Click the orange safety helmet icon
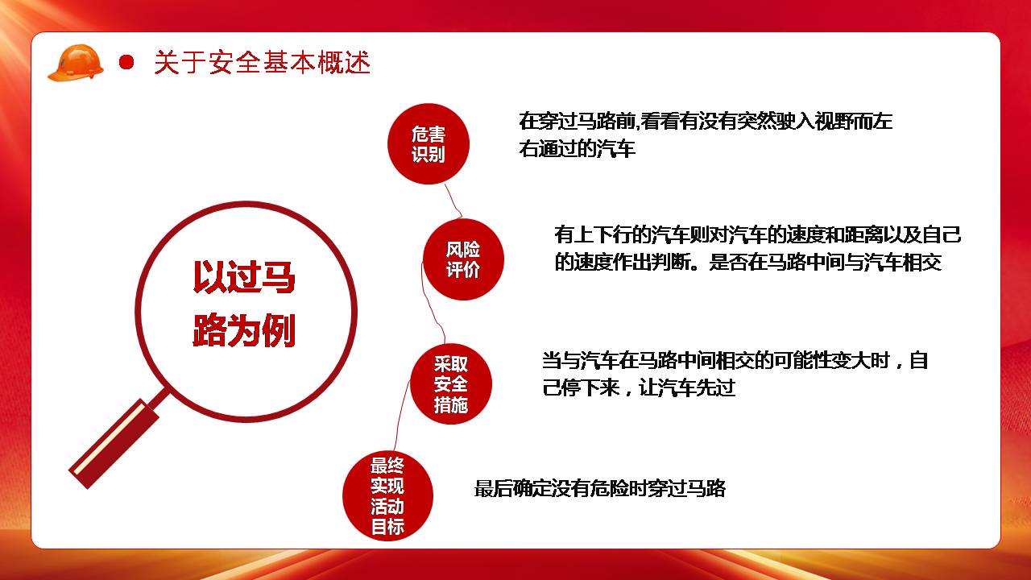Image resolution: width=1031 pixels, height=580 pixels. [76, 63]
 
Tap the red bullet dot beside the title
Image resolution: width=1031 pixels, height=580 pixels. [126, 62]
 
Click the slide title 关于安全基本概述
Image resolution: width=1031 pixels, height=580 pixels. [262, 63]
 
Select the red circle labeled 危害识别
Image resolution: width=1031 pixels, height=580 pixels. [429, 143]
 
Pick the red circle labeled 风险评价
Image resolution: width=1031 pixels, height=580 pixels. [463, 259]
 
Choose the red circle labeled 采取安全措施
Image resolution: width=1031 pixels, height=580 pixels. [451, 384]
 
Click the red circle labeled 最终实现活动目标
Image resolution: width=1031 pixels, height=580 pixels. [388, 495]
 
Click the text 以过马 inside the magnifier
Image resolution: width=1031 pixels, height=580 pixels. [244, 276]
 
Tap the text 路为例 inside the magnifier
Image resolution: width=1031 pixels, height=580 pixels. [244, 330]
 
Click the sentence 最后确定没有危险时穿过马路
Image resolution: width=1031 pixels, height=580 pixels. [600, 488]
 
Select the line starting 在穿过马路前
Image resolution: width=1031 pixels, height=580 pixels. [706, 122]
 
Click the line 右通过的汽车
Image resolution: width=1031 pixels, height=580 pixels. [578, 149]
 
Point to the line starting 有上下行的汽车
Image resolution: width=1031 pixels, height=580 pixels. [758, 234]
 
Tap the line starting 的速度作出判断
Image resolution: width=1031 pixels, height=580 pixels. [748, 263]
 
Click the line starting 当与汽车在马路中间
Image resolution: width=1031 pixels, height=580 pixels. [735, 360]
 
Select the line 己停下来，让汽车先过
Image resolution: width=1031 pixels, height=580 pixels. [639, 388]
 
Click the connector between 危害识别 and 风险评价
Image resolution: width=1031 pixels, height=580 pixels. [453, 201]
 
